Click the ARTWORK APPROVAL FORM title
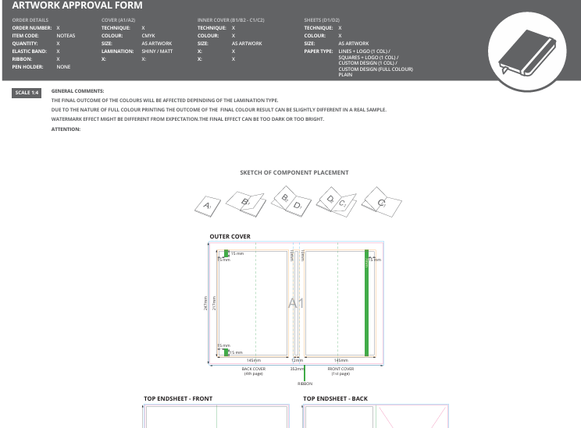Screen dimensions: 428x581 click(x=77, y=6)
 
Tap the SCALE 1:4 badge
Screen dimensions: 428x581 click(x=27, y=93)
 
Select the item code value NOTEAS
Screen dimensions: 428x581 click(x=66, y=36)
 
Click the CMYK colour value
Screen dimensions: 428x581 click(x=148, y=36)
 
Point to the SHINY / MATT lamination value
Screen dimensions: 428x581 click(x=156, y=51)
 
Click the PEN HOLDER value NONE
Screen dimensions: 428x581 click(x=63, y=67)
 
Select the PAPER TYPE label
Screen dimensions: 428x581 click(x=319, y=51)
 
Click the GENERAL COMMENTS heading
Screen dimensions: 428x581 click(x=83, y=90)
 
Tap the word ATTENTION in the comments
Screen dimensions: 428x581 click(x=66, y=129)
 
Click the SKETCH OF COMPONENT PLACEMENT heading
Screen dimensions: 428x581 click(x=294, y=172)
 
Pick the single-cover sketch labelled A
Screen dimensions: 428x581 click(x=208, y=205)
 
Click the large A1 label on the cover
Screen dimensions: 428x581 click(x=296, y=302)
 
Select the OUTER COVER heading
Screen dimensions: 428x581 click(x=230, y=236)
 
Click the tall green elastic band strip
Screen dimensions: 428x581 click(x=365, y=302)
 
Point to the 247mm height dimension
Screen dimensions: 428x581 click(x=206, y=302)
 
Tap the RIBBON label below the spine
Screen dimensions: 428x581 click(x=305, y=384)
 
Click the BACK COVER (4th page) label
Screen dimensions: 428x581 click(x=254, y=371)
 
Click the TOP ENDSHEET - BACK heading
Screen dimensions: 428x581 click(x=335, y=398)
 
